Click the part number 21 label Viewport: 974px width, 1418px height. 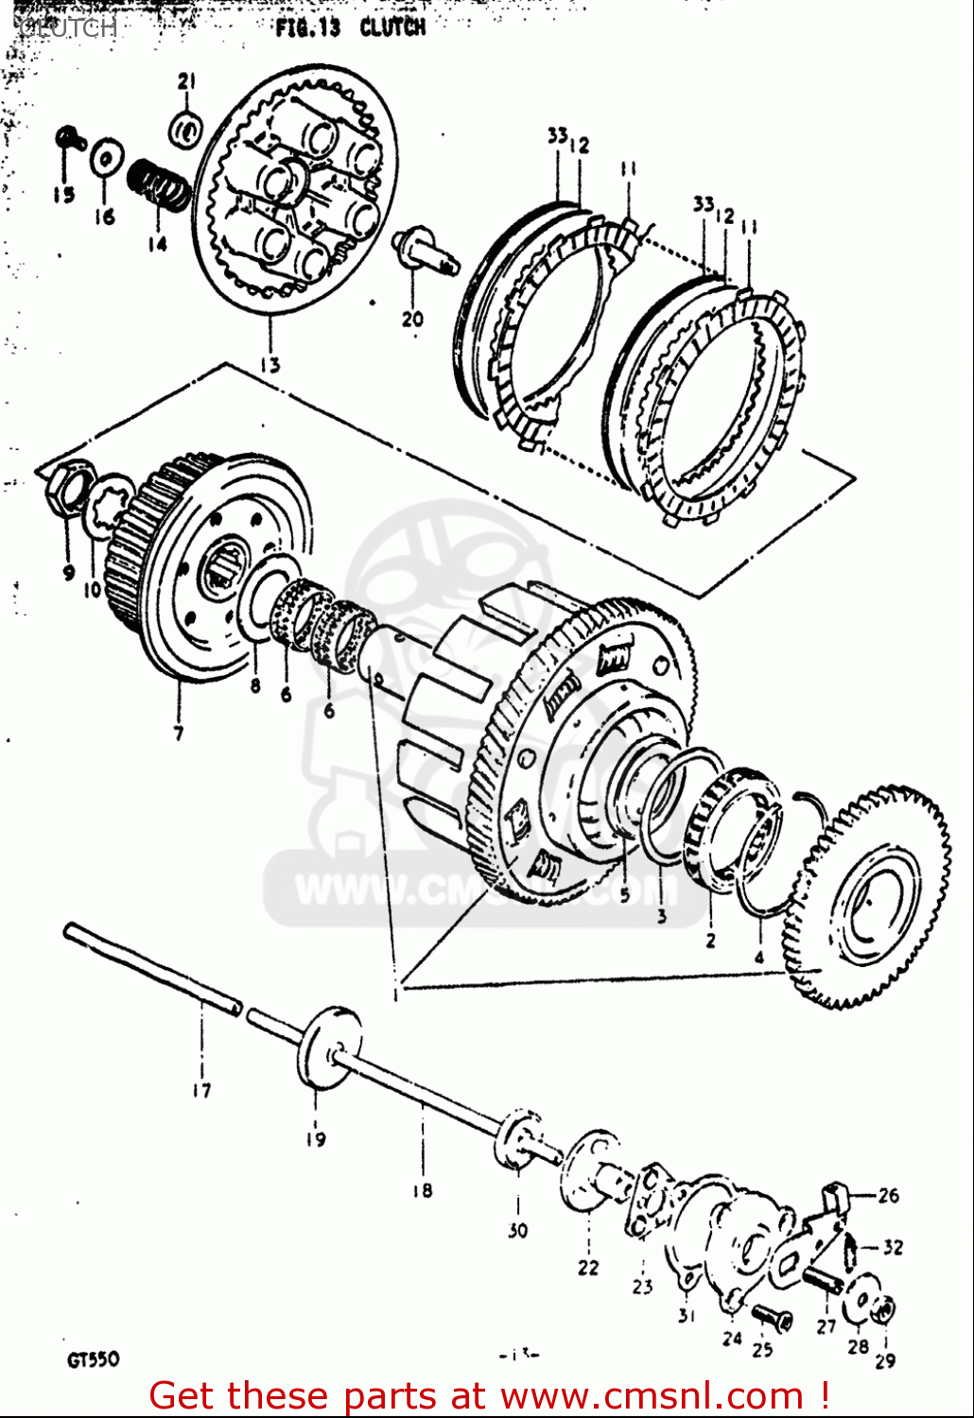point(186,81)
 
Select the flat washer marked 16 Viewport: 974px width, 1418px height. point(106,157)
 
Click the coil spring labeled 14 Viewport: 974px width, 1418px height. point(159,183)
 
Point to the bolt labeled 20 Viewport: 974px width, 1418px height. point(425,249)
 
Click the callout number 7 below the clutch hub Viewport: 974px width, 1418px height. point(179,733)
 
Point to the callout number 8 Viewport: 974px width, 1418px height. point(254,685)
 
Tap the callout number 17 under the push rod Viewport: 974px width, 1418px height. point(201,1090)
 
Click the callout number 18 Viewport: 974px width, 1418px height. point(422,1190)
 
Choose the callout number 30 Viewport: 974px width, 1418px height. point(517,1231)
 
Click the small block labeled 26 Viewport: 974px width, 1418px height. point(833,1198)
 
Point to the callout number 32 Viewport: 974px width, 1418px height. point(893,1247)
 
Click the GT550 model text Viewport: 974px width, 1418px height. point(93,1359)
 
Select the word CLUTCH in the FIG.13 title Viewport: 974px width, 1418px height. point(392,26)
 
